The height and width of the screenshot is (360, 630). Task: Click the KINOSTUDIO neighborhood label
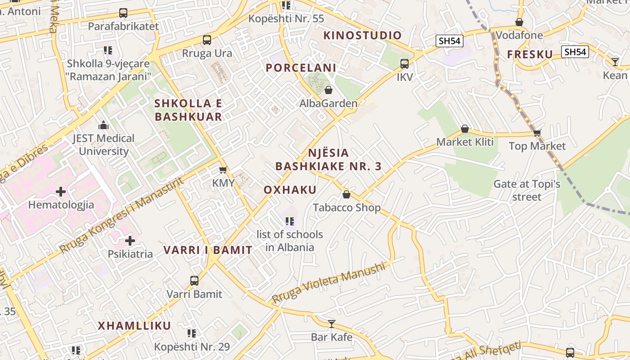(x=362, y=36)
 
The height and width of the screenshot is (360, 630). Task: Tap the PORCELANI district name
(x=301, y=68)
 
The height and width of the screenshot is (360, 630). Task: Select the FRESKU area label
(x=530, y=54)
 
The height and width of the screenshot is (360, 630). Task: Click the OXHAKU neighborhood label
(x=290, y=190)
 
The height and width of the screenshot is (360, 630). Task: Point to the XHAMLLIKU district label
(x=135, y=326)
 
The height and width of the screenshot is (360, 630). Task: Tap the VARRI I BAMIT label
(x=207, y=250)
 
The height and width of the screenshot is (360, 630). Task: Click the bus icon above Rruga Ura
(x=207, y=40)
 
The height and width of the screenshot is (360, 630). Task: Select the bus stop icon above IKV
(x=405, y=64)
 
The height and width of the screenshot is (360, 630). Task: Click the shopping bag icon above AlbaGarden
(x=328, y=90)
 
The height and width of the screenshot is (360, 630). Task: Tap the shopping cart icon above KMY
(x=223, y=170)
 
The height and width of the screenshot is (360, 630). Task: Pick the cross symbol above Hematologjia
(x=61, y=192)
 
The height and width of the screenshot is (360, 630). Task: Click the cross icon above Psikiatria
(x=130, y=241)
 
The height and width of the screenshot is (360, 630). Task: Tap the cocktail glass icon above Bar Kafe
(x=332, y=324)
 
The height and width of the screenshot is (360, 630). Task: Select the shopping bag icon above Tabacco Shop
(x=346, y=194)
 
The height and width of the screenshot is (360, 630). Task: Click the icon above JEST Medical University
(x=103, y=125)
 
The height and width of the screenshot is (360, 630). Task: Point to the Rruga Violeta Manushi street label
(x=329, y=283)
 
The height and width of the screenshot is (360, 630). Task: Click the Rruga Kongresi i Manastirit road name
(x=121, y=215)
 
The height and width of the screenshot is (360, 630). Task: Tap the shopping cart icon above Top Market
(x=537, y=133)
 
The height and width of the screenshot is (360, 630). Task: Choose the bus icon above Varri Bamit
(x=194, y=281)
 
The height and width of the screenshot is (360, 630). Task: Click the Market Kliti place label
(x=465, y=142)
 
